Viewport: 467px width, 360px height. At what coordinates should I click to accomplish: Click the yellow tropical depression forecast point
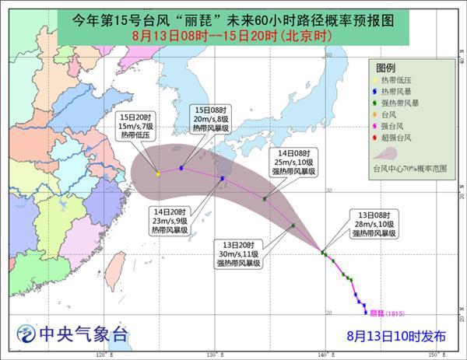click(158, 173)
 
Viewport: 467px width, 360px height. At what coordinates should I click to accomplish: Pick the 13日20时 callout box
click(239, 255)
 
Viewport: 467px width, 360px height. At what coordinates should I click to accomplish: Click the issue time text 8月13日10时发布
click(397, 336)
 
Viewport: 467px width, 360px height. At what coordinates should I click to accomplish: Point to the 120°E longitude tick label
click(101, 355)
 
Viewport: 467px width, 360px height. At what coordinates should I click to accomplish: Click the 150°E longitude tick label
click(441, 355)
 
